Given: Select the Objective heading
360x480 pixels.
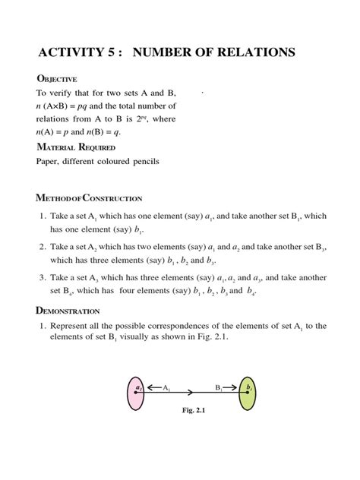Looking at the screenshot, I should point(57,79).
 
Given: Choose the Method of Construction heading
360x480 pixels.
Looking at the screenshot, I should point(90,198).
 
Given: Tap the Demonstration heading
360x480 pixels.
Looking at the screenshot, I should point(68,310).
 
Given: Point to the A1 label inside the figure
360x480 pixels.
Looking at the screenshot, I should point(166,387).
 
